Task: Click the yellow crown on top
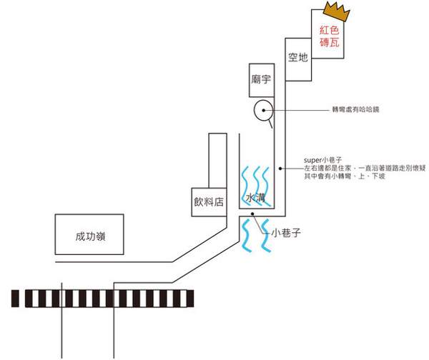point(335,11)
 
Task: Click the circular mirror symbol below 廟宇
point(262,110)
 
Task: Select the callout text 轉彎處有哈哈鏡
point(360,109)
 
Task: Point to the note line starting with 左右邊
point(365,168)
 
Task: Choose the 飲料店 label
point(208,201)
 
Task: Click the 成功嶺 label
point(91,236)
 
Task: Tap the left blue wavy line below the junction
point(247,234)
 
